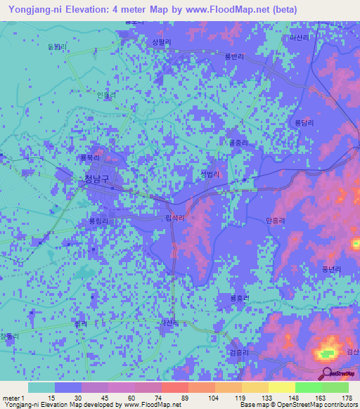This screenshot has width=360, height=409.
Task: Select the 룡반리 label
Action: click(x=233, y=58)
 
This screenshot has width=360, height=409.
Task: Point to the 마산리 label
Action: click(x=299, y=38)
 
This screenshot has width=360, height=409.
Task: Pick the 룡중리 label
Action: click(x=238, y=142)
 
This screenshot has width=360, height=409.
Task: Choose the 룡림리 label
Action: click(x=98, y=221)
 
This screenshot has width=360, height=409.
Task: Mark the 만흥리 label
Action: click(x=276, y=221)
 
